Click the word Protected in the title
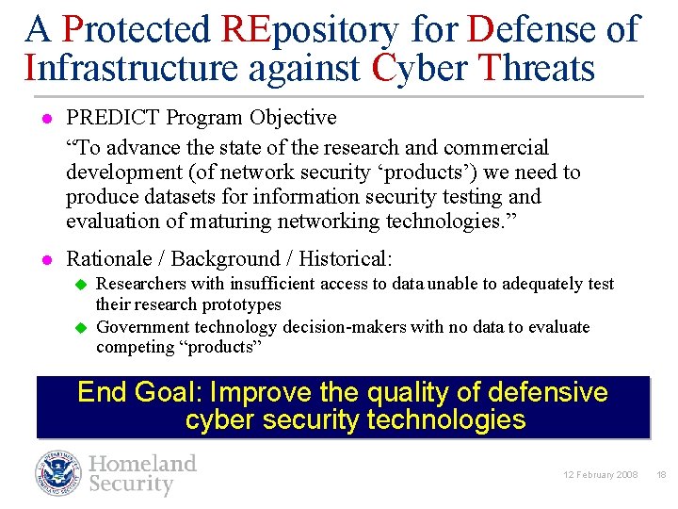(137, 30)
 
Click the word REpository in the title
(311, 30)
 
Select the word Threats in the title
(536, 68)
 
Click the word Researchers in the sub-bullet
(142, 284)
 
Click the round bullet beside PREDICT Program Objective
(43, 119)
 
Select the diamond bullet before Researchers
(81, 284)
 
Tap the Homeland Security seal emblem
(59, 473)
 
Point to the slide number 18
(661, 475)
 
